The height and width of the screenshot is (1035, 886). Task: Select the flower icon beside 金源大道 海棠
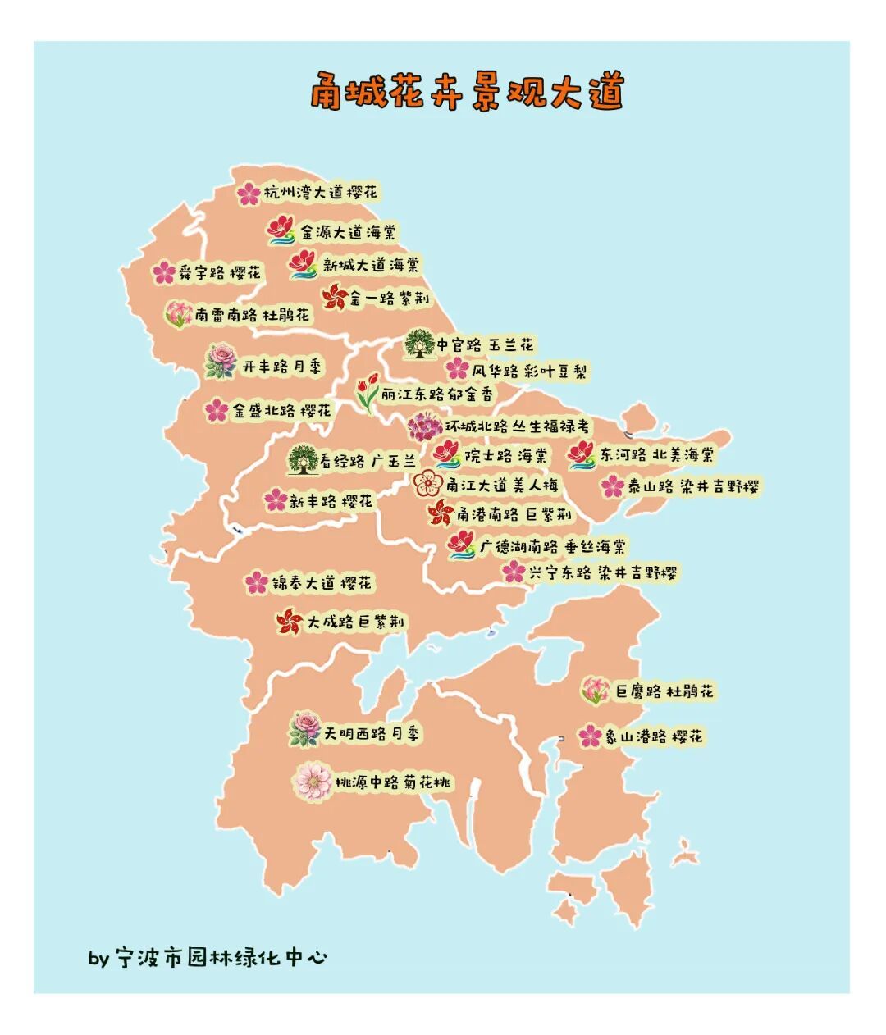(281, 230)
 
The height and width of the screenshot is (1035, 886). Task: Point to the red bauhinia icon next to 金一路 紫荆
(334, 297)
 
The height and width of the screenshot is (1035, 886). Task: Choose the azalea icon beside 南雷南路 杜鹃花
(178, 314)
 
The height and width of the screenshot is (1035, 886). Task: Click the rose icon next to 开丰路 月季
(221, 362)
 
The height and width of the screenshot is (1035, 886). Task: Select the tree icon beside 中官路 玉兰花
(419, 344)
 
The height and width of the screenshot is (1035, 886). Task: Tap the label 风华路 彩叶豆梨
(529, 371)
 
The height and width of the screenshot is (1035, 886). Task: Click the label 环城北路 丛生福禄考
(517, 426)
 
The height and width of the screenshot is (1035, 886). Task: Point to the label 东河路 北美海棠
(655, 454)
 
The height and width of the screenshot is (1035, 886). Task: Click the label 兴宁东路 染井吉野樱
(603, 572)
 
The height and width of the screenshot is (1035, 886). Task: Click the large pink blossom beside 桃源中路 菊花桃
(313, 781)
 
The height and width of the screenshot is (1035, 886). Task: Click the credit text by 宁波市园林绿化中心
(208, 957)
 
